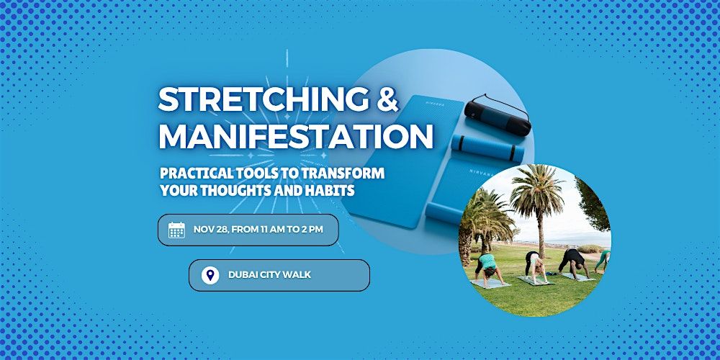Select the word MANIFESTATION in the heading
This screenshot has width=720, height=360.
pyautogui.click(x=296, y=136)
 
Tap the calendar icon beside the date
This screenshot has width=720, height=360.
pyautogui.click(x=176, y=230)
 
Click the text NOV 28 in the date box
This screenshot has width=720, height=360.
pyautogui.click(x=210, y=229)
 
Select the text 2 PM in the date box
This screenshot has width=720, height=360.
pyautogui.click(x=312, y=229)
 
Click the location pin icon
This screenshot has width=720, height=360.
pyautogui.click(x=210, y=275)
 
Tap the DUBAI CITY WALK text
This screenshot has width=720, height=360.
pyautogui.click(x=269, y=275)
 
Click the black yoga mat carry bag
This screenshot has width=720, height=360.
pyautogui.click(x=498, y=115)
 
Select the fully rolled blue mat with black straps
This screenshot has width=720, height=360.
pyautogui.click(x=487, y=148)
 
